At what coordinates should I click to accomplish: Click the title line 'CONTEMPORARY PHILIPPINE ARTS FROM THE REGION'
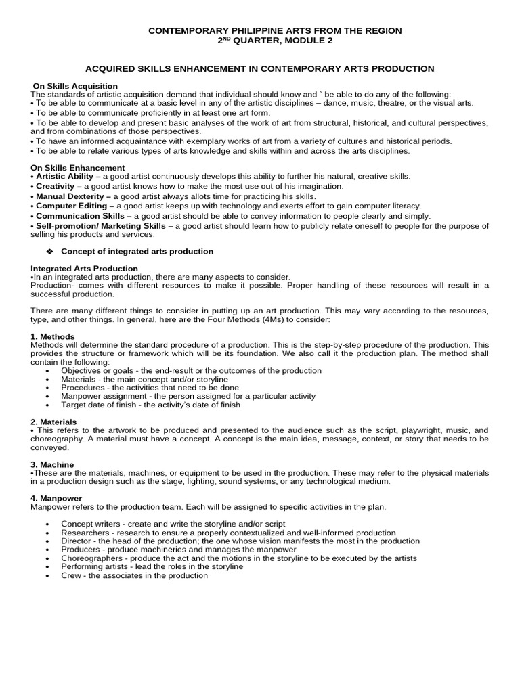coord(275,31)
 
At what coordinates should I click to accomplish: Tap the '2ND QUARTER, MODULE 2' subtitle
coord(275,41)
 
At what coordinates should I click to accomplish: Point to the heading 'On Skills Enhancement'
coord(78,168)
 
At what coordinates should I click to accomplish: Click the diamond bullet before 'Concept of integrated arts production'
coord(49,252)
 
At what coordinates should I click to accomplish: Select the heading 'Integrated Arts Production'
coord(85,269)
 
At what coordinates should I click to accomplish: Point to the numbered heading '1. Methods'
coord(53,336)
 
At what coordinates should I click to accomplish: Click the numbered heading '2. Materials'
coord(55,422)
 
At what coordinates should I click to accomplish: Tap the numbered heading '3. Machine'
coord(53,464)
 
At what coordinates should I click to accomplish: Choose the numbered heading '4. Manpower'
coord(56,498)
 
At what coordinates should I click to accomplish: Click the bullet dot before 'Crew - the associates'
coord(47,576)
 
